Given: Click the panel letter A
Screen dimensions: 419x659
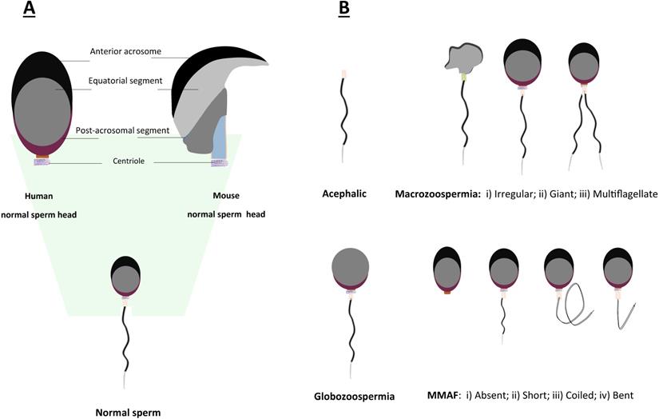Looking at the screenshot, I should [30, 10].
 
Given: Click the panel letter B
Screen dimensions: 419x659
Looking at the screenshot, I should [343, 10].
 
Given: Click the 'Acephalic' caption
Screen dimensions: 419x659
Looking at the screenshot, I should [343, 193].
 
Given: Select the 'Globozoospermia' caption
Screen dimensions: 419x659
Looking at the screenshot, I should [352, 394].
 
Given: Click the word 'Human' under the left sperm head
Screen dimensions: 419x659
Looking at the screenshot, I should [39, 196].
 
